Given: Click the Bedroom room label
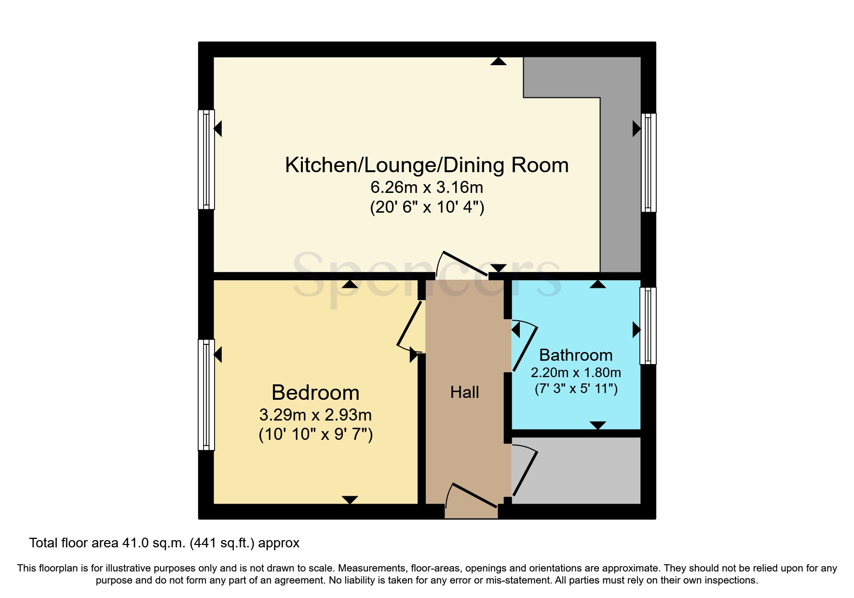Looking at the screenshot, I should (315, 393).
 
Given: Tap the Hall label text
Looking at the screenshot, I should (464, 392).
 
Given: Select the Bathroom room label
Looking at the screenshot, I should (576, 355).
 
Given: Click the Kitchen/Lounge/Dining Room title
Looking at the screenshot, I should (427, 165).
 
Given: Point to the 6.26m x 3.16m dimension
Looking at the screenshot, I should (427, 187).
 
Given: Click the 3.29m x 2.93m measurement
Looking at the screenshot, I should (315, 415).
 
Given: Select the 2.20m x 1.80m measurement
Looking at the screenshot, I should (576, 372).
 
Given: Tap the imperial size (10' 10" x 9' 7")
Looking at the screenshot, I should (315, 434).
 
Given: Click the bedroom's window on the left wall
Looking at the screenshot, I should (206, 394).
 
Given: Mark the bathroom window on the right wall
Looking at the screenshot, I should (648, 326).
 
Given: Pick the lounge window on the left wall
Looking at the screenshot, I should (206, 160).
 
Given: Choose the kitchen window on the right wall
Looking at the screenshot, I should (649, 163).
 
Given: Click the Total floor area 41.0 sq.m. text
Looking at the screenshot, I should (164, 543).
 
